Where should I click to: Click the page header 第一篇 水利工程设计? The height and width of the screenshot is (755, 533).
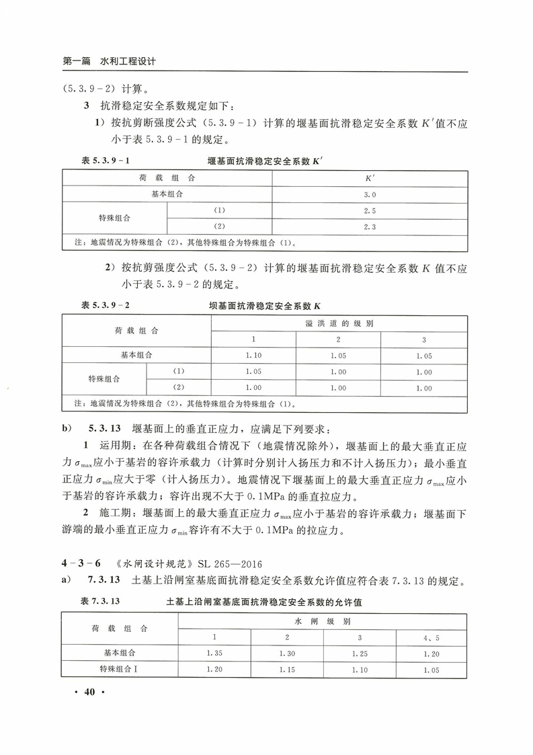click(109, 61)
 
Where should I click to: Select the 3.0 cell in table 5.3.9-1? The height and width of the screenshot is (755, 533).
click(369, 194)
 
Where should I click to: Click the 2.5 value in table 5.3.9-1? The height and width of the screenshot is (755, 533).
click(369, 210)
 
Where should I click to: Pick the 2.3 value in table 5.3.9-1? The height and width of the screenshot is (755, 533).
click(369, 227)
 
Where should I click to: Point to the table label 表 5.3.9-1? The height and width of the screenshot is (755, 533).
click(105, 162)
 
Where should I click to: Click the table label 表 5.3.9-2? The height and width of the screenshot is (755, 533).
click(105, 305)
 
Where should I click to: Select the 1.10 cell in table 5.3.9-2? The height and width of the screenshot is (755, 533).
click(253, 356)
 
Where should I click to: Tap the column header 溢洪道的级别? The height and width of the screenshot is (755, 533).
click(339, 323)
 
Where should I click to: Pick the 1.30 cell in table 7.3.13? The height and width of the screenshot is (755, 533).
click(287, 653)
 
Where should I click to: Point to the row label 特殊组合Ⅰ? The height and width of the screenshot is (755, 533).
click(118, 669)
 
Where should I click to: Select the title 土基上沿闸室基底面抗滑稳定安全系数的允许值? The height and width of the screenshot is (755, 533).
click(268, 601)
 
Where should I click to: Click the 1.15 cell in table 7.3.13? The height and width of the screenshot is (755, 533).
click(287, 669)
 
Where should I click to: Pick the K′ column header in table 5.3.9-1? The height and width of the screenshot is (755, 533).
click(369, 178)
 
